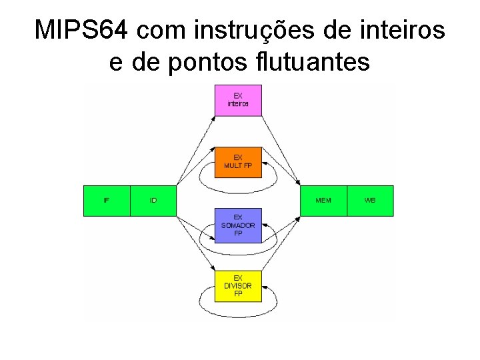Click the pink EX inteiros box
click(x=238, y=100)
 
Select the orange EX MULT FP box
click(x=238, y=162)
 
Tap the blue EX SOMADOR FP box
click(x=238, y=225)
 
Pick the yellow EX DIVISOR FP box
click(x=238, y=285)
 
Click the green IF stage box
click(x=107, y=201)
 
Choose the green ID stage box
click(x=153, y=201)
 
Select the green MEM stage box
click(x=323, y=201)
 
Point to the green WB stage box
click(x=370, y=201)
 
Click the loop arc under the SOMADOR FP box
click(x=238, y=250)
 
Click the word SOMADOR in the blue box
click(x=238, y=225)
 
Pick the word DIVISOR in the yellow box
click(x=238, y=286)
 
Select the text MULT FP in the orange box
click(x=238, y=165)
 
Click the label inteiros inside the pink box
click(x=238, y=104)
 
